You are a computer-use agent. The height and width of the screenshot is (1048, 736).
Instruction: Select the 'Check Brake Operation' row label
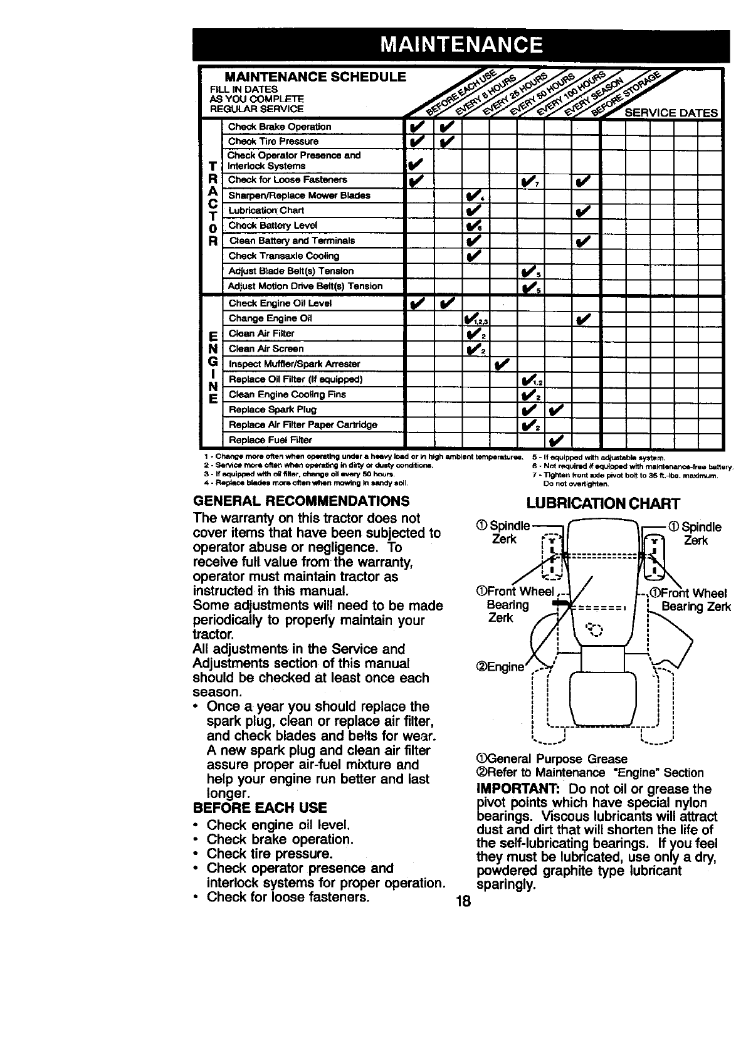pyautogui.click(x=280, y=127)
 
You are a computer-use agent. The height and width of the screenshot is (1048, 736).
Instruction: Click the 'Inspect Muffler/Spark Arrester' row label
pyautogui.click(x=294, y=364)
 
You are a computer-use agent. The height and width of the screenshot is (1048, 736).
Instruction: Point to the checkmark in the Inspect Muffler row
pyautogui.click(x=503, y=364)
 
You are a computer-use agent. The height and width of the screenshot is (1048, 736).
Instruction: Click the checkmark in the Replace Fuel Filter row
pyautogui.click(x=557, y=439)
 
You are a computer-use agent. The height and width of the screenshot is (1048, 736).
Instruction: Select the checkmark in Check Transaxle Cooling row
pyautogui.click(x=474, y=256)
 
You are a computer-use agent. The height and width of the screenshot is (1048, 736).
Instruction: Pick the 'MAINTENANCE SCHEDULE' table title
pyautogui.click(x=315, y=77)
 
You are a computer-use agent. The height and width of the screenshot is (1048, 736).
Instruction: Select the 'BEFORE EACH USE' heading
pyautogui.click(x=260, y=807)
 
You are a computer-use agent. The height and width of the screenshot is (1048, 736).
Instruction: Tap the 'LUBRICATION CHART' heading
pyautogui.click(x=603, y=504)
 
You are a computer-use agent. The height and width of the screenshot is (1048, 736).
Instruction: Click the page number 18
pyautogui.click(x=463, y=902)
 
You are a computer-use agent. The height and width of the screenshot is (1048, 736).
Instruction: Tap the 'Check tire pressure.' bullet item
pyautogui.click(x=269, y=854)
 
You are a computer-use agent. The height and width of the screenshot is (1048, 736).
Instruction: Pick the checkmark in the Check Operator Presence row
pyautogui.click(x=415, y=165)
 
